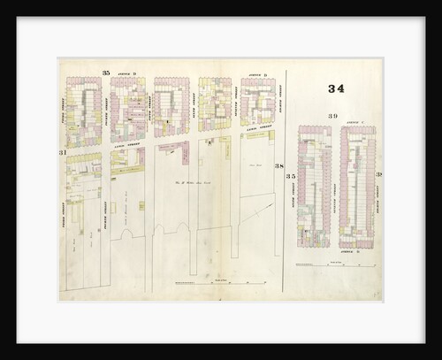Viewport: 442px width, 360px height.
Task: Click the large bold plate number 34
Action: [336, 88]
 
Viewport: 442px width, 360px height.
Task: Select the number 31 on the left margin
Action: [63, 154]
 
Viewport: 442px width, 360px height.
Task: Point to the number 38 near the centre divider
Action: [278, 166]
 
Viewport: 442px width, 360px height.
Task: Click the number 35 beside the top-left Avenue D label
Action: [105, 72]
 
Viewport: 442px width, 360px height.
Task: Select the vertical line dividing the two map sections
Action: [284, 177]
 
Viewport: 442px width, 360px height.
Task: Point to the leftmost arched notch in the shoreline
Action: [126, 237]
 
